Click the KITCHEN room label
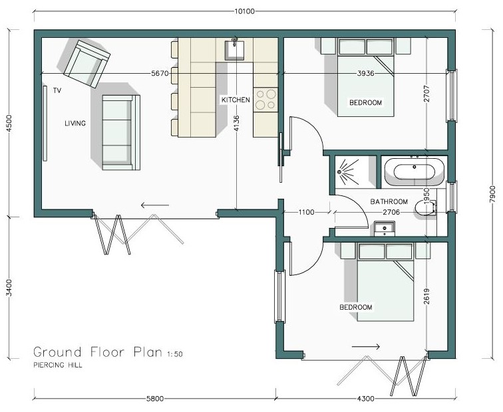coord(236,100)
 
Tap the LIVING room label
coord(75,124)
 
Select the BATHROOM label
coord(389,202)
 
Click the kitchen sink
coord(234,51)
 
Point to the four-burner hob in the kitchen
coord(265,100)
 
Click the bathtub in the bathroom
coord(414,171)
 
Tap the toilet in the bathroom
coord(425,207)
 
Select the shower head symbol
coord(340,172)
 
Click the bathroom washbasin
coord(385,229)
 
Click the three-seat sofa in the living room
coord(121,132)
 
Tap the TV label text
coord(57,90)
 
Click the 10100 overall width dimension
coord(244,11)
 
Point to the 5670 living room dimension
coord(160,73)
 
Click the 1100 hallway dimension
coord(306,212)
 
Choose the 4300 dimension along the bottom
coord(366,399)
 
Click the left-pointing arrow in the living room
coord(155,205)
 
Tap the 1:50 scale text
coord(175,354)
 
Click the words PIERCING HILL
coord(58,365)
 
